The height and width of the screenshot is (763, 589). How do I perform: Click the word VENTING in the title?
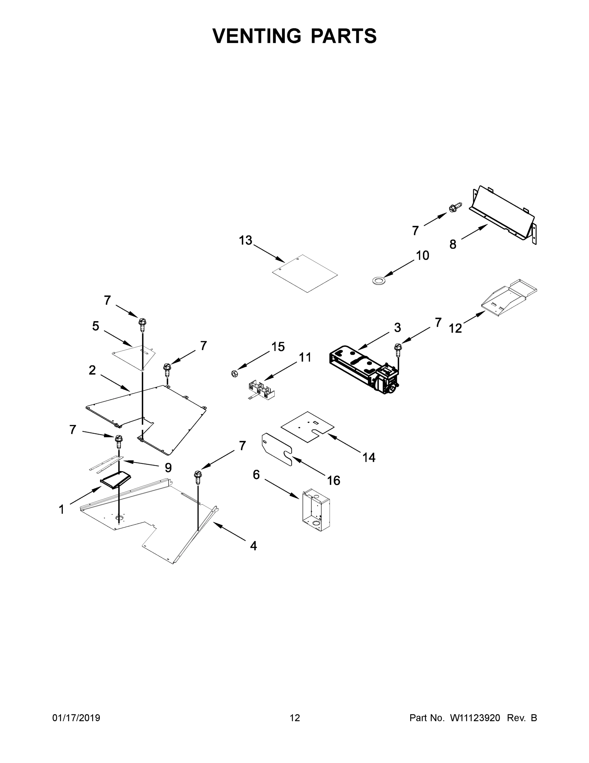pyautogui.click(x=257, y=36)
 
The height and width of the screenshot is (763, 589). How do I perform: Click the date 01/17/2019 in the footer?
pyautogui.click(x=76, y=718)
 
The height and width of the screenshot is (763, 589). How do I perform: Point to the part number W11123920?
pyautogui.click(x=475, y=718)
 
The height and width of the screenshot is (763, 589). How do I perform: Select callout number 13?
pyautogui.click(x=245, y=240)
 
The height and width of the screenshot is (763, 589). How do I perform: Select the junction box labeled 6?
pyautogui.click(x=316, y=510)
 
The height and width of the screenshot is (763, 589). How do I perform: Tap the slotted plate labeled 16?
pyautogui.click(x=276, y=450)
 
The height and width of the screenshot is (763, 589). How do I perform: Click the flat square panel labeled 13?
pyautogui.click(x=305, y=273)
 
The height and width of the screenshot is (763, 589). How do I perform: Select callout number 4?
pyautogui.click(x=253, y=545)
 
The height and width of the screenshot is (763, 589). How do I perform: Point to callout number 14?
pyautogui.click(x=369, y=457)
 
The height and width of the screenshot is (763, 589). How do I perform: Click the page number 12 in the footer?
pyautogui.click(x=295, y=718)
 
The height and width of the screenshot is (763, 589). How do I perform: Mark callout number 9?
pyautogui.click(x=168, y=467)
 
